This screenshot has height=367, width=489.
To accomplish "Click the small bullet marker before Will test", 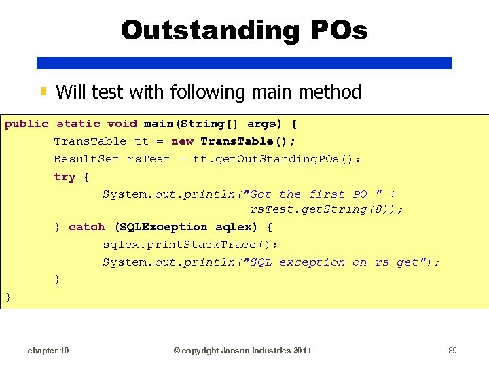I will (x=43, y=91).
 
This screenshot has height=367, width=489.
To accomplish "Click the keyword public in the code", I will (x=26, y=124).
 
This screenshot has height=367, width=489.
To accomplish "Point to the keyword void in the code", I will (x=122, y=124).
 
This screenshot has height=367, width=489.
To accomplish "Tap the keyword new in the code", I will (x=182, y=141).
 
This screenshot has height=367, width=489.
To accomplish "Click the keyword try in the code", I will (x=65, y=177).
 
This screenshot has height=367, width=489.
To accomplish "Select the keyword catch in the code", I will (x=87, y=227).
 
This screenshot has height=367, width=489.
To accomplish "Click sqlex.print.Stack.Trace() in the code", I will (x=189, y=245).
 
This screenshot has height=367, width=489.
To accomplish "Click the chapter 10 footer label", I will (x=48, y=351).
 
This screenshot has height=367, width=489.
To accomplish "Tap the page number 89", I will (x=452, y=351).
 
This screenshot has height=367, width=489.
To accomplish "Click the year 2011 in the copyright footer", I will (x=302, y=351).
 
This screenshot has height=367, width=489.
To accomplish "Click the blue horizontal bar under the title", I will (x=244, y=63).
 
